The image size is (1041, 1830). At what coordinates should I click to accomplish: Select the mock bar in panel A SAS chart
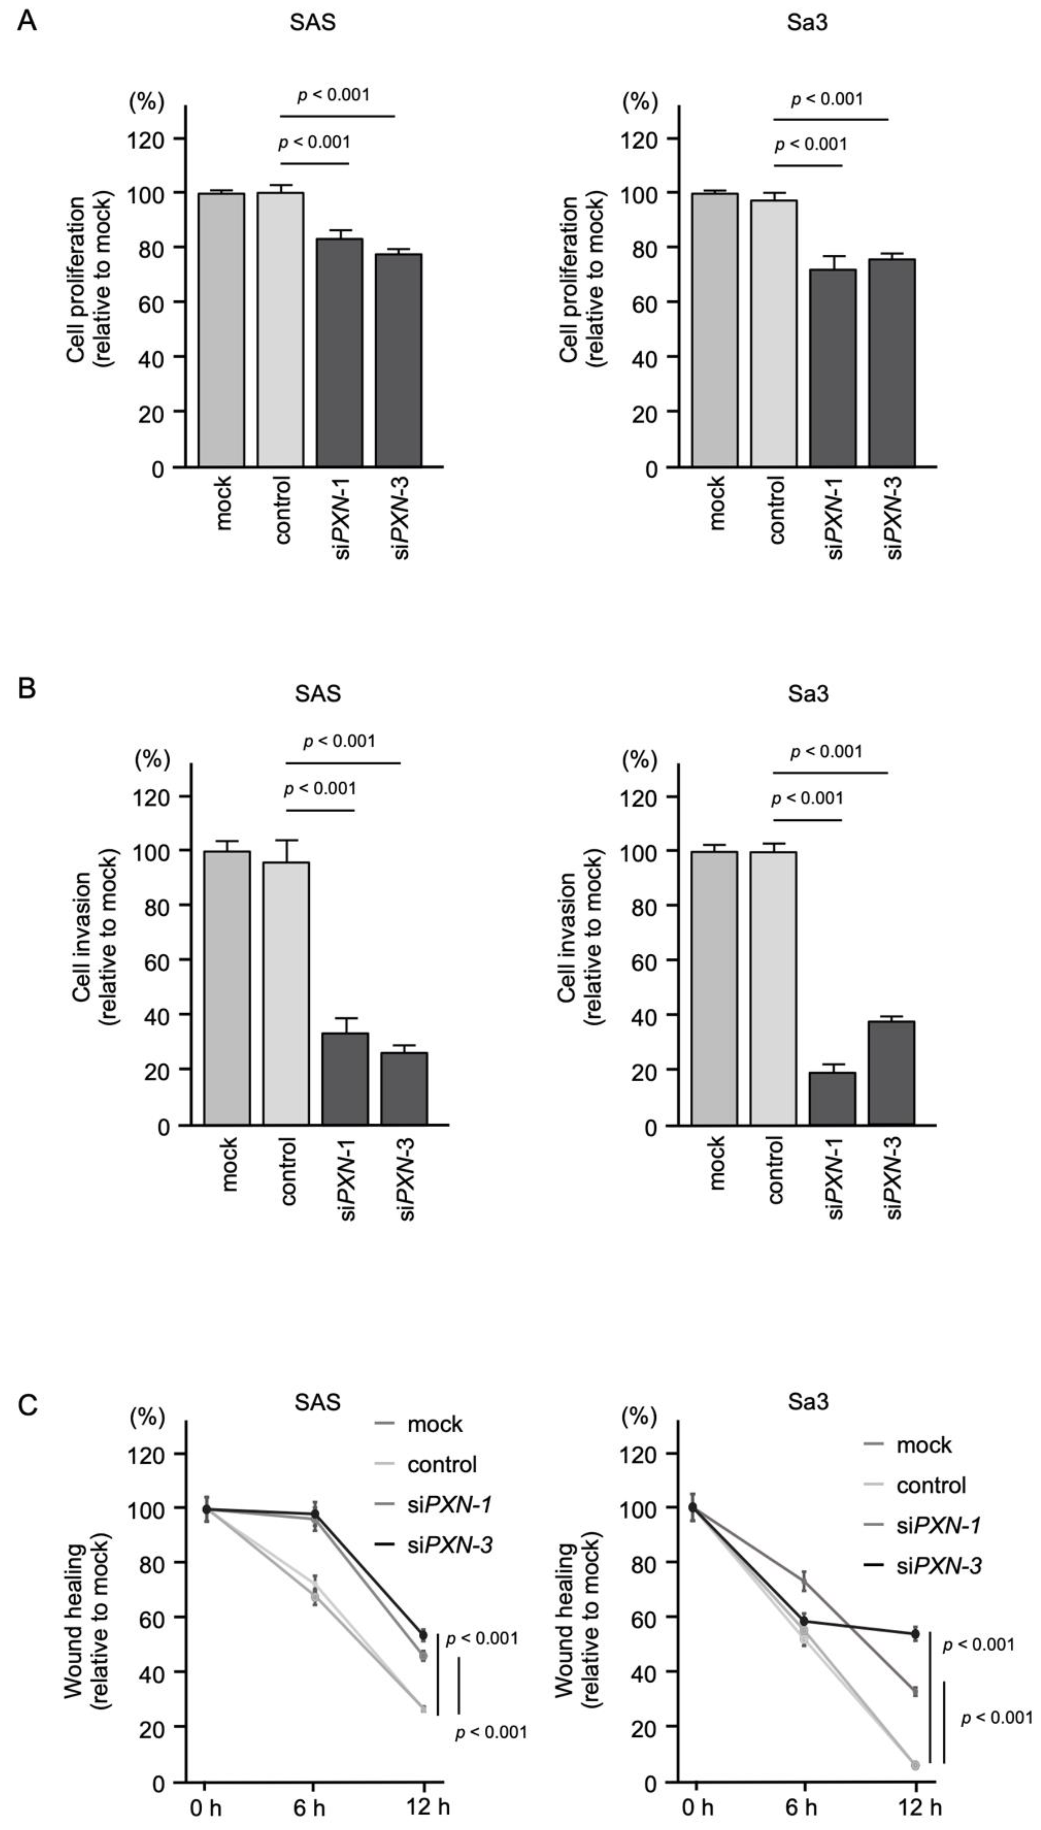pyautogui.click(x=222, y=330)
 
